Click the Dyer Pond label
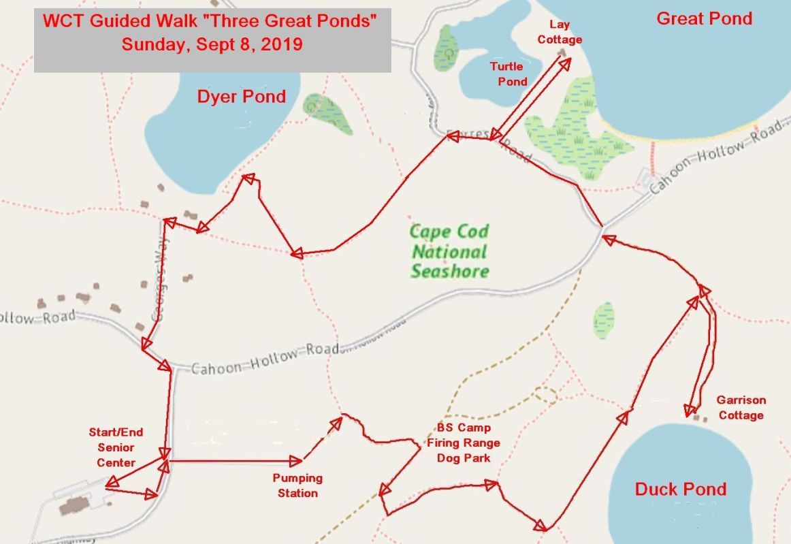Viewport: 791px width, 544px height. (241, 97)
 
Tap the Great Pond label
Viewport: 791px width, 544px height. (704, 18)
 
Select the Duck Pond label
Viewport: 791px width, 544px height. (680, 489)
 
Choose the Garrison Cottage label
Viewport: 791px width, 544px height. (741, 408)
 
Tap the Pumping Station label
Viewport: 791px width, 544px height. (297, 485)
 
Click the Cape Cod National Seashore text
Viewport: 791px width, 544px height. (449, 251)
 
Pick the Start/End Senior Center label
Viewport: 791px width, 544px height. (116, 447)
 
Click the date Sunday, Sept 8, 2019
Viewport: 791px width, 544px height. (212, 46)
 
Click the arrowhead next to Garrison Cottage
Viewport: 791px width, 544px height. (690, 410)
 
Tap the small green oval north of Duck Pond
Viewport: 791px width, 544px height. (603, 320)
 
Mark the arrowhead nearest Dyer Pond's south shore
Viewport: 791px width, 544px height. (248, 179)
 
